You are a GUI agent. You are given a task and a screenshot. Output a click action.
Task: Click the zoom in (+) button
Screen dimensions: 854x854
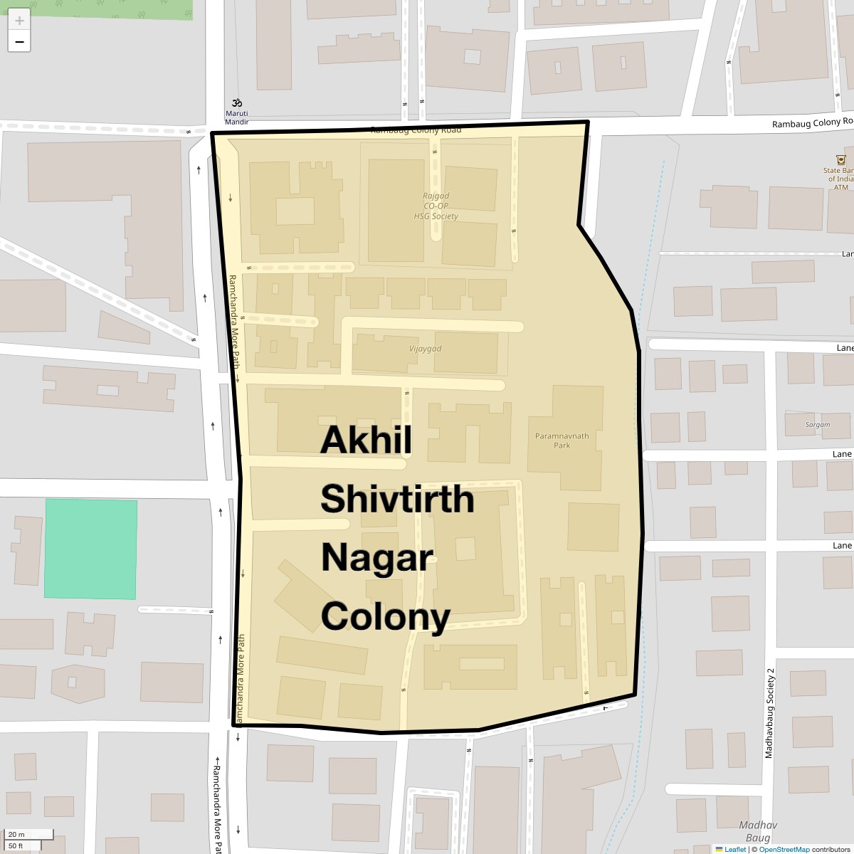point(19,20)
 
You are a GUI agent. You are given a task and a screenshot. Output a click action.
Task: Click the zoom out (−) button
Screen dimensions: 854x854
point(19,42)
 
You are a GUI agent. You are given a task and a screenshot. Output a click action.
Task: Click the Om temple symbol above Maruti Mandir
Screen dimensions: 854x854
point(237,102)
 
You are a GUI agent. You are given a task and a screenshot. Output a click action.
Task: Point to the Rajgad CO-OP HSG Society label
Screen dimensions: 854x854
point(436,206)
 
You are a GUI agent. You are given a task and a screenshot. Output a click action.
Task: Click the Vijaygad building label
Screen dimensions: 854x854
point(426,349)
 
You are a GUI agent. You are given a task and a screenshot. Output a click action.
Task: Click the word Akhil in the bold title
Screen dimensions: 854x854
point(366,440)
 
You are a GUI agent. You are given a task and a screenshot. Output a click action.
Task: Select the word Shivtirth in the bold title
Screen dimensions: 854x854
point(397,499)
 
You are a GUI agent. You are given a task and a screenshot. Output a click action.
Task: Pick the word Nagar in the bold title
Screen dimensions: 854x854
point(377,557)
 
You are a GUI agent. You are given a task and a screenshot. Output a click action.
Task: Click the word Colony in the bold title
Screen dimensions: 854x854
point(385,616)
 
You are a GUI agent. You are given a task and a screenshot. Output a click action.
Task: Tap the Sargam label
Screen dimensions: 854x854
point(818,425)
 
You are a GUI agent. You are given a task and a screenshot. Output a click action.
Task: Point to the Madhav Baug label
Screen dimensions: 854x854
point(757,831)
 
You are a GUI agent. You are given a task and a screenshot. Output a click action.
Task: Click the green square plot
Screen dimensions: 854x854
point(90,549)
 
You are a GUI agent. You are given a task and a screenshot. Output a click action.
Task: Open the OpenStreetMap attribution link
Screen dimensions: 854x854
point(784,849)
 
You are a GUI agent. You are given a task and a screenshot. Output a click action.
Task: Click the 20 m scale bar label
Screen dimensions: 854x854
point(17,834)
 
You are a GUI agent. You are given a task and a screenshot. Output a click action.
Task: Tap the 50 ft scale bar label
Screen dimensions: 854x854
point(17,845)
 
